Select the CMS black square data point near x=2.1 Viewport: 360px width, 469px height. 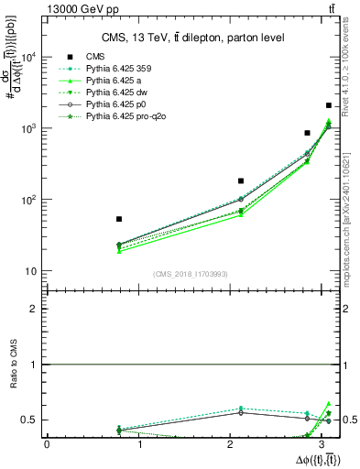click(x=241, y=181)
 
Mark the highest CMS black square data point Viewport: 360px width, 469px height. click(x=329, y=106)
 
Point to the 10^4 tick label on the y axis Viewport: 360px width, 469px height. click(x=27, y=57)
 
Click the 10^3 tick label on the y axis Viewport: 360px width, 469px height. click(x=27, y=128)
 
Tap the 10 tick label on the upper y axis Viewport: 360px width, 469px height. click(x=30, y=271)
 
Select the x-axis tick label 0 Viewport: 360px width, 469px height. click(x=47, y=444)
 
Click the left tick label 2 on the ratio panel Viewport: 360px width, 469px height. click(x=34, y=309)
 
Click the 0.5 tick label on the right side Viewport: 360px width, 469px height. click(x=349, y=420)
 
